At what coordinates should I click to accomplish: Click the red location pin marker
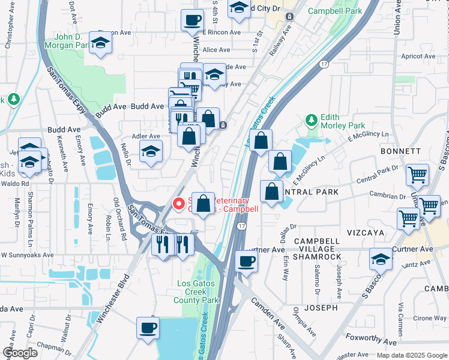[x=179, y=203]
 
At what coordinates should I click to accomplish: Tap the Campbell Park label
[x=334, y=11]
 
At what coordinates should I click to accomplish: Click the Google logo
[x=20, y=353]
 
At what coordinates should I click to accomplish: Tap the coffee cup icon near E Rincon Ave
[x=191, y=20]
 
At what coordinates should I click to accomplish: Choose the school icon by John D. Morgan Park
[x=101, y=43]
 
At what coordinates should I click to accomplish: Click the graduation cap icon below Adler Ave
[x=151, y=151]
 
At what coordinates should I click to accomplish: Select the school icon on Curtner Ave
[x=380, y=259]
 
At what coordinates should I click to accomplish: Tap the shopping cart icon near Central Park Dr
[x=417, y=175]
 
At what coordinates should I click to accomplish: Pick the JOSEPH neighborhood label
[x=321, y=308]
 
